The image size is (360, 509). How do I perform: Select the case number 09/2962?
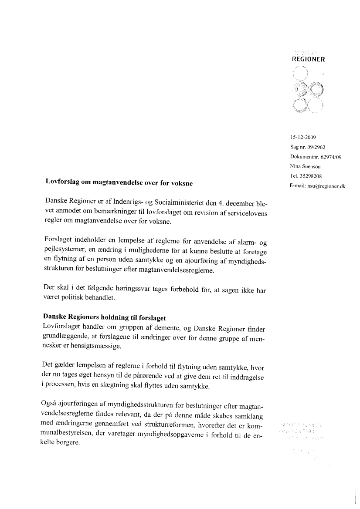[x=316, y=148]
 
